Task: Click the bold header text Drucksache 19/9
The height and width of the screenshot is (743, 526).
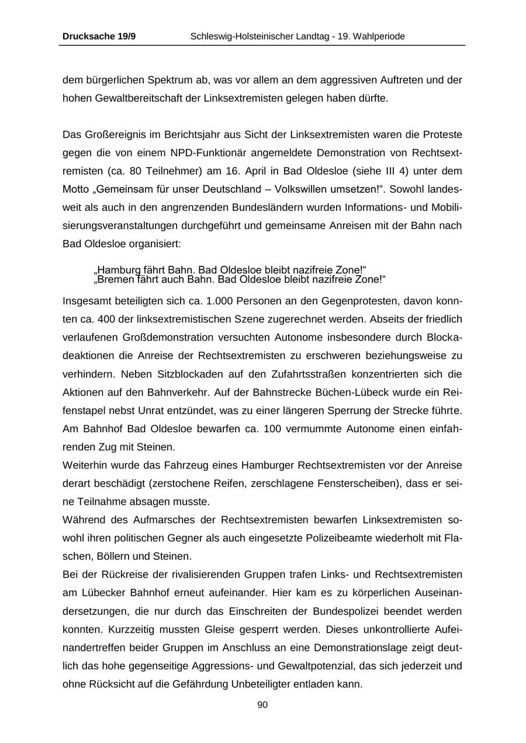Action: point(99,37)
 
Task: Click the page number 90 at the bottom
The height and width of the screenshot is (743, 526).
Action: point(262,705)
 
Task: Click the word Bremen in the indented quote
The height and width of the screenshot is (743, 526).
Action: point(116,279)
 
